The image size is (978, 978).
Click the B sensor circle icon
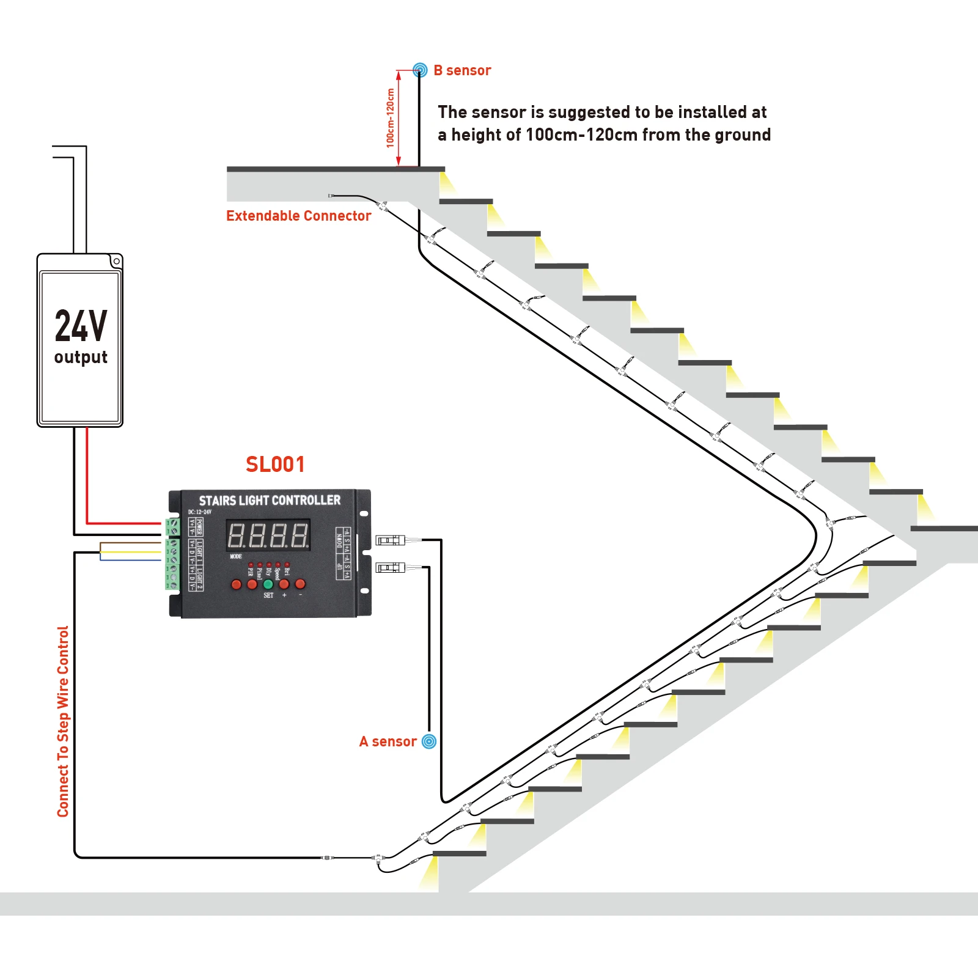tap(420, 70)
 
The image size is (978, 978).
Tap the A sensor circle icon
tap(430, 741)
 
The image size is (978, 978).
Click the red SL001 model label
tap(275, 465)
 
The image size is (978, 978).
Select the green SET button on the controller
tap(268, 584)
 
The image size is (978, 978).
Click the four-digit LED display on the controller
tap(268, 535)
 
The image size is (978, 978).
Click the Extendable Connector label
tap(298, 216)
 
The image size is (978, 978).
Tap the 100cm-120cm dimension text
tap(391, 118)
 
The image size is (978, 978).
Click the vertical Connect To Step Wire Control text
tap(63, 721)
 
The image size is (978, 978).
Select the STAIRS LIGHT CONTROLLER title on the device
tap(270, 501)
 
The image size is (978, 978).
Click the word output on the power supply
tap(81, 357)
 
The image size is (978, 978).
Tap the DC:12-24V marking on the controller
tap(199, 512)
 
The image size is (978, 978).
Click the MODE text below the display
tap(236, 556)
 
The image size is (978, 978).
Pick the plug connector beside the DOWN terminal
tap(390, 540)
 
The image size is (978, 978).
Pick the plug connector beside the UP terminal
tap(390, 568)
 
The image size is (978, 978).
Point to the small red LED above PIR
tap(251, 565)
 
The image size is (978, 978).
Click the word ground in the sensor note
tap(743, 134)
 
